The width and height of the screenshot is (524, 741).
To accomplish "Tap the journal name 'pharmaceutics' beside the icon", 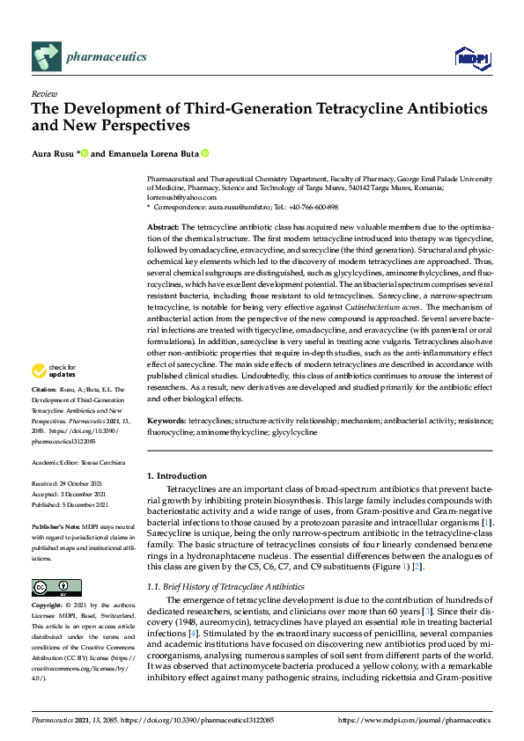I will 106,57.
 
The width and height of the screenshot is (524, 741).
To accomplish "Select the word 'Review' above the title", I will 44,93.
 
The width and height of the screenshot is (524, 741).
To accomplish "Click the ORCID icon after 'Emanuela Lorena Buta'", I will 204,153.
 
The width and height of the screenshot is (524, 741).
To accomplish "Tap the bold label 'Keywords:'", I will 166,422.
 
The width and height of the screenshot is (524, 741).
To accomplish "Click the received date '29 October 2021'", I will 81,484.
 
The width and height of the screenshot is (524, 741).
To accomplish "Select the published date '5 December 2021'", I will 84,505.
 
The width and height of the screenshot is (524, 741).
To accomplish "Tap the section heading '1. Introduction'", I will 177,476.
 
